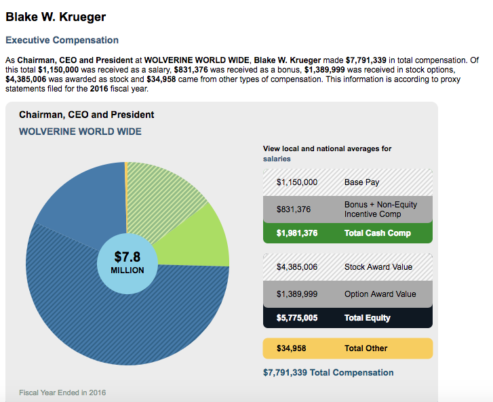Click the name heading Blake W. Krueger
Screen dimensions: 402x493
[x=56, y=16]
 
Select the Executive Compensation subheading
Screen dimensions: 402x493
[x=62, y=41]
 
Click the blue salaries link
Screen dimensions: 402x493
[x=277, y=159]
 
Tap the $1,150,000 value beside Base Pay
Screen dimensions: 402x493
[x=297, y=182]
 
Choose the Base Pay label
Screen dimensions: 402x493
[x=362, y=182]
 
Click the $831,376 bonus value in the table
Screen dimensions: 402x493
[x=294, y=209]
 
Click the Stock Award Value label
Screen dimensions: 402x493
[x=378, y=267]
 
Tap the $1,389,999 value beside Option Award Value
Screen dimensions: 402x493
[x=297, y=294]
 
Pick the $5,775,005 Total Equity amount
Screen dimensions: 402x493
[x=297, y=318]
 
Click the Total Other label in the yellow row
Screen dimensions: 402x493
[x=366, y=348]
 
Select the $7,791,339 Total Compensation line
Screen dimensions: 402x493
[x=328, y=372]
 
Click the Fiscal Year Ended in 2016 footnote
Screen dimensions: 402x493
[x=62, y=393]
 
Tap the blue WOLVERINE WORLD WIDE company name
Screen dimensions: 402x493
[x=80, y=131]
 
